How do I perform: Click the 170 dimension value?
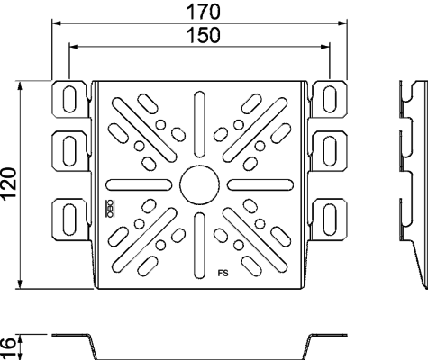coord(203,12)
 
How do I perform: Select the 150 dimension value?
coord(203,35)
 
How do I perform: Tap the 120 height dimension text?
coord(9,184)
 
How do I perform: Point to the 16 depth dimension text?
coord(8,347)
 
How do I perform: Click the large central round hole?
coord(199,184)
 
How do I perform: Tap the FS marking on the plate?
coord(223,274)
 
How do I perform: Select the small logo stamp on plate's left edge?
coord(109,208)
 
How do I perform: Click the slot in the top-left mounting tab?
coord(69,99)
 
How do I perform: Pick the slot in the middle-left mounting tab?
coord(69,151)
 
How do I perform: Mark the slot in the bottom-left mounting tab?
coord(69,219)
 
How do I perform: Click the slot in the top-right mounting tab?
coord(330,99)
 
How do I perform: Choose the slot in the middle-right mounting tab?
coord(330,151)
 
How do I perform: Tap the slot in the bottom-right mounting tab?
coord(330,219)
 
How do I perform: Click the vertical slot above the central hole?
coord(199,125)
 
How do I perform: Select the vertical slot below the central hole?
coord(199,246)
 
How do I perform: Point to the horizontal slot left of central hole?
coord(139,184)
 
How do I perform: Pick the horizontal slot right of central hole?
coord(260,184)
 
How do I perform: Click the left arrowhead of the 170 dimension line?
coord(56,23)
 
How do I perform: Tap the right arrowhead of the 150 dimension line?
coord(325,47)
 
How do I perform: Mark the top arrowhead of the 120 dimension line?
coord(20,85)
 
